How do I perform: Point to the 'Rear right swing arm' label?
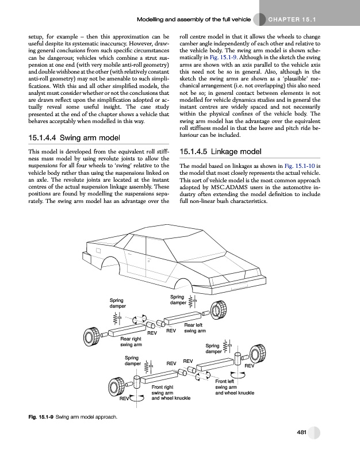point(131,342)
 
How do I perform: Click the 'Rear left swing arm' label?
point(195,328)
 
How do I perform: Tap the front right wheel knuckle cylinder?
point(137,382)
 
